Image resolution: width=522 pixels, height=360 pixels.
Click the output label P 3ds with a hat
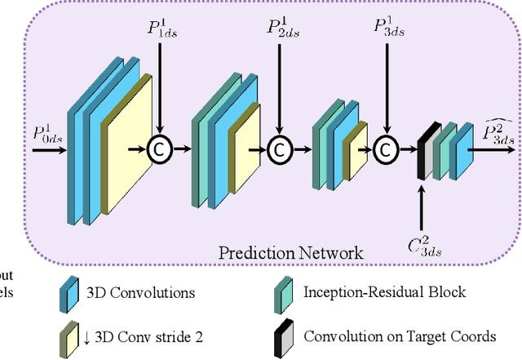coord(497,131)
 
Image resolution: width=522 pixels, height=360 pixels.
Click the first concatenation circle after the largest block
coord(160,149)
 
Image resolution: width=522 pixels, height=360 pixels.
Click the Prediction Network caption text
coord(290,252)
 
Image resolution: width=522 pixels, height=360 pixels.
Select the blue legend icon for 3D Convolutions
coord(69,292)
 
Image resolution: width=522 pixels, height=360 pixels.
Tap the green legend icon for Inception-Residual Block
coord(283,292)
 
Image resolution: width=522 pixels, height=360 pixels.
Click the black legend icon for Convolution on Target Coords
coord(283,335)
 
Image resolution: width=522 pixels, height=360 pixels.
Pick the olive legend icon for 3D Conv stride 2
coord(69,335)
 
